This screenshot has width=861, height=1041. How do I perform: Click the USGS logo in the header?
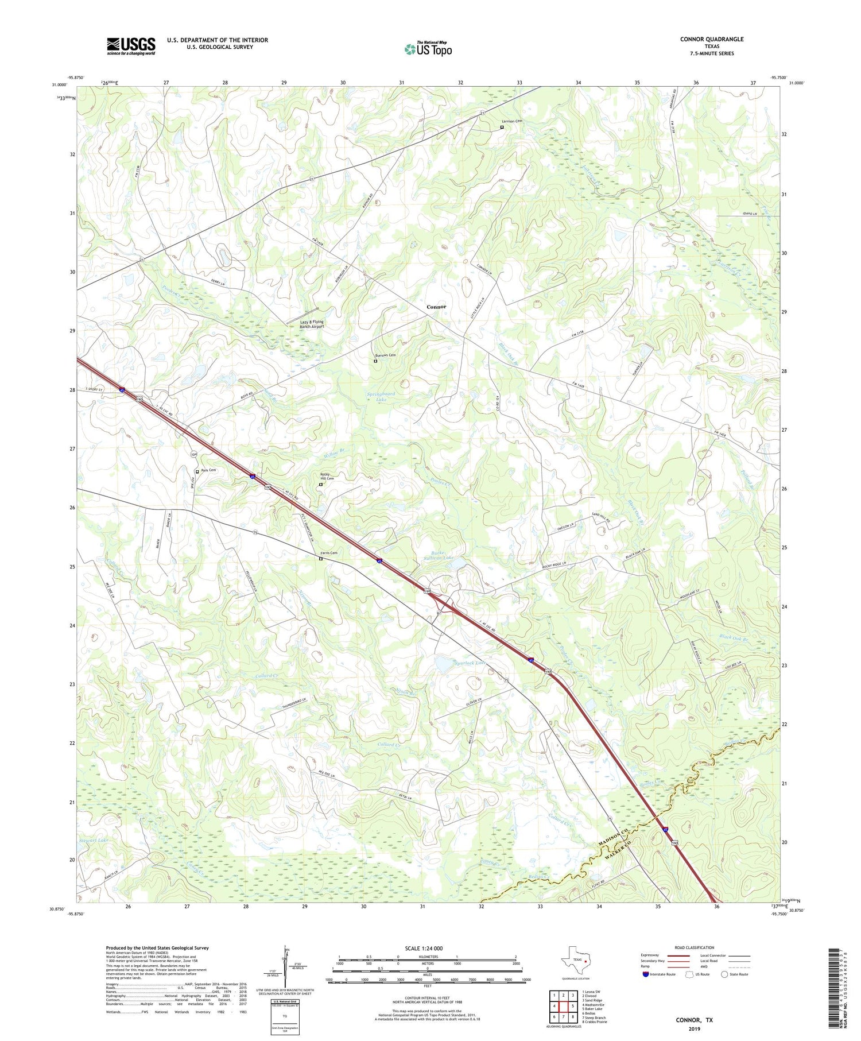pos(131,46)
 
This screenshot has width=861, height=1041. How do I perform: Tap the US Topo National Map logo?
pos(428,48)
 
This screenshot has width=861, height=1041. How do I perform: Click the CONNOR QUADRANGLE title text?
pos(711,39)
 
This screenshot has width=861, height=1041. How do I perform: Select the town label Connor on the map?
pos(436,307)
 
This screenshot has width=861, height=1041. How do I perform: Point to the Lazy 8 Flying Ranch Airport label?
pos(312,324)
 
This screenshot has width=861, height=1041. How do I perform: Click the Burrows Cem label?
pos(385,355)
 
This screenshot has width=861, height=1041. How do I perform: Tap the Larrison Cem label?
pos(512,121)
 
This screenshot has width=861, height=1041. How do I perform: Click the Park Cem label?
pos(208,470)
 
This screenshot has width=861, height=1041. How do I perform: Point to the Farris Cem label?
pos(328,553)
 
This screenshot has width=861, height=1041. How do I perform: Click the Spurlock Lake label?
pos(471,663)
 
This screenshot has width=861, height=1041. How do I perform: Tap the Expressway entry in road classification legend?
pos(653,955)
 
